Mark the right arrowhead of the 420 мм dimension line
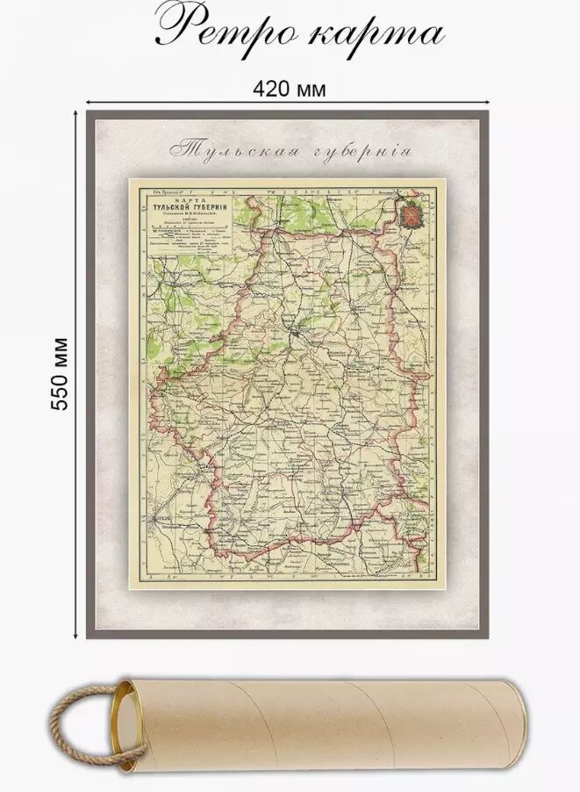pos(488,104)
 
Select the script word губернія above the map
pos(359,149)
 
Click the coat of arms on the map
pos(412,213)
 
